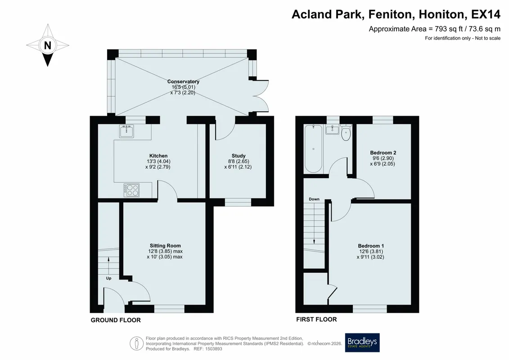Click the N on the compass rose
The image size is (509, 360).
point(48,45)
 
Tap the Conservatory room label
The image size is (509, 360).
point(183,81)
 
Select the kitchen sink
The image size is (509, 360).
point(126,131)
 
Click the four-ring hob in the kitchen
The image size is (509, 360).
point(131,190)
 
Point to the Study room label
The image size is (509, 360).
point(238,156)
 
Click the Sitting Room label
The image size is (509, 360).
point(165,246)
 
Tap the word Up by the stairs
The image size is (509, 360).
point(108,278)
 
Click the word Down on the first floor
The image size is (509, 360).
point(314,199)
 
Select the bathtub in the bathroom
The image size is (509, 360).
point(313,149)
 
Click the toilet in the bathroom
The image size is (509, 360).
point(346,133)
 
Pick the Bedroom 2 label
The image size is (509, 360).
point(383,153)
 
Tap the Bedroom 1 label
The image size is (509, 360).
point(371,246)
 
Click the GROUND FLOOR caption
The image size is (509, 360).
point(116,320)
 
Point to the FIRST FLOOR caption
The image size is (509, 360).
point(316,319)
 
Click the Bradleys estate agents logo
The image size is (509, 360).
point(362,342)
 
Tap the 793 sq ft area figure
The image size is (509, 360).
point(449,29)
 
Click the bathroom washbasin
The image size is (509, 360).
point(332,129)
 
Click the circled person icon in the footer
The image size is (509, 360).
point(136,343)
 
